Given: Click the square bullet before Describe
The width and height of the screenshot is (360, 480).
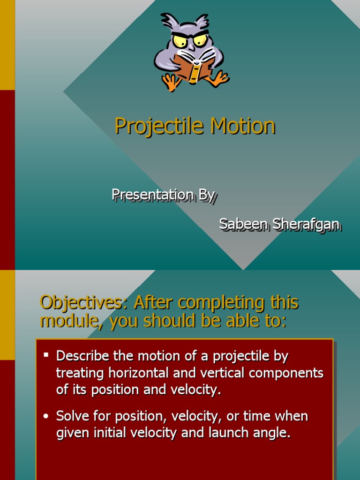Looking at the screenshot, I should (46, 355).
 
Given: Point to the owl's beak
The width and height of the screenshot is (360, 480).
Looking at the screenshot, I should (191, 47).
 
